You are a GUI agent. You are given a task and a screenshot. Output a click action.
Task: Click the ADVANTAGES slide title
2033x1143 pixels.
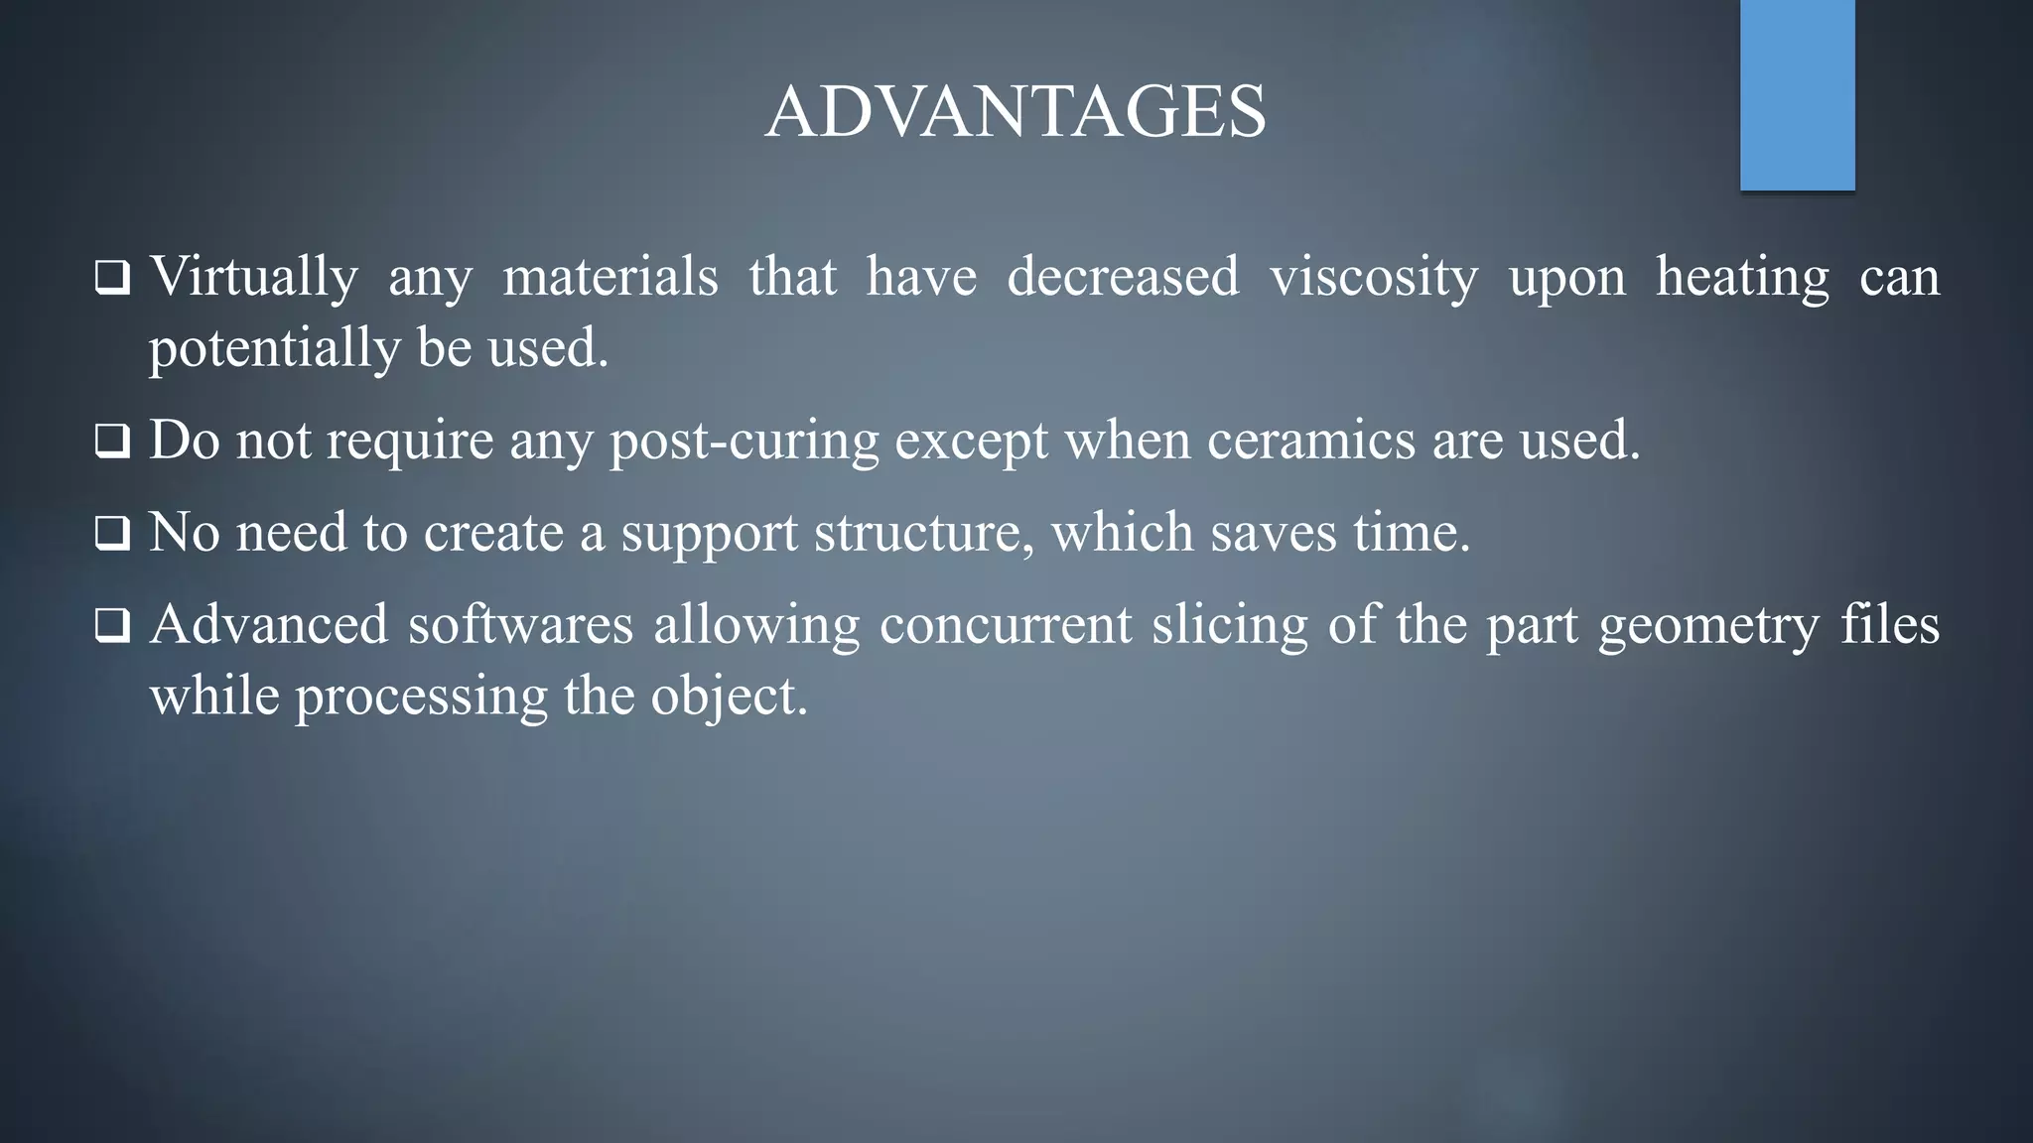point(1016,111)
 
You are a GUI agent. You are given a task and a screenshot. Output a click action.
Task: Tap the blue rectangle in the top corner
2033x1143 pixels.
point(1797,94)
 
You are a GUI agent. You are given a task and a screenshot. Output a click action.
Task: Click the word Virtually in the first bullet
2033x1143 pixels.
point(254,276)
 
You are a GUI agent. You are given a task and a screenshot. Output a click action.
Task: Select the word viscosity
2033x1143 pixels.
point(1374,276)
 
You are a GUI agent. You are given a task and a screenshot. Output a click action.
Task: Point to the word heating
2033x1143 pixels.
point(1742,276)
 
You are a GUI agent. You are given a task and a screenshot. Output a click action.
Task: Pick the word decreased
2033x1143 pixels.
point(1123,276)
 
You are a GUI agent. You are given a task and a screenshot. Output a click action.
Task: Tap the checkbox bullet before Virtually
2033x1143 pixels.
point(112,278)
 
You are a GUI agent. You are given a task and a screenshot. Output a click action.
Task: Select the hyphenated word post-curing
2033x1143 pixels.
point(745,441)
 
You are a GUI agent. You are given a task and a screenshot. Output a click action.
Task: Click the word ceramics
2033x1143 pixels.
point(1311,440)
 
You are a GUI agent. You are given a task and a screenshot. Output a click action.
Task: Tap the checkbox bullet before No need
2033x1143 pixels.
point(112,534)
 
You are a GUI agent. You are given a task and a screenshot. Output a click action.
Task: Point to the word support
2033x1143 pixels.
point(709,534)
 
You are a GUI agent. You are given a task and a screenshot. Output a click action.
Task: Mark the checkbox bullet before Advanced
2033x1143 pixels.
point(112,626)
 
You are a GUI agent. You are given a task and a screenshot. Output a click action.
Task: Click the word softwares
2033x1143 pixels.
point(520,625)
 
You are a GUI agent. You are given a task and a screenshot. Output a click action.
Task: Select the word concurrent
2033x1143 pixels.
point(1005,625)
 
